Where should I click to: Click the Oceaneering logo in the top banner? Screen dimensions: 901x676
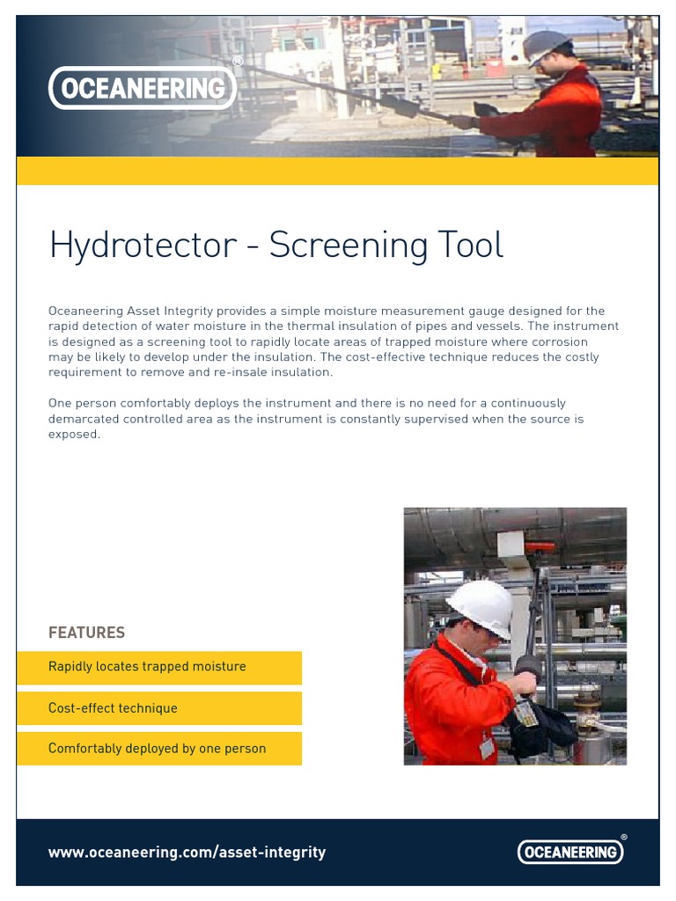pos(142,88)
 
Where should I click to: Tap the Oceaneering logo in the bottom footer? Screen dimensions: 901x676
pos(569,852)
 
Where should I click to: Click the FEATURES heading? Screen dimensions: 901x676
pos(86,633)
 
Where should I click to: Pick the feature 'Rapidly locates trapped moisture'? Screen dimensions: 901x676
pos(147,667)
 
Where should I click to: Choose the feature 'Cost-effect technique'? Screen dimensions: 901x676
pos(113,708)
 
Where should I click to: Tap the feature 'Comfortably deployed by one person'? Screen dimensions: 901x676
pos(157,749)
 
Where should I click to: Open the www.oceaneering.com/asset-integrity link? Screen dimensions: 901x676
pos(187,853)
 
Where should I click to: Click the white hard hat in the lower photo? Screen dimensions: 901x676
pos(481,605)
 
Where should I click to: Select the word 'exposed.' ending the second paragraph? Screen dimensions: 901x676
pos(74,435)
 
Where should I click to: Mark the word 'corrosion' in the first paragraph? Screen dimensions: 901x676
pos(558,342)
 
